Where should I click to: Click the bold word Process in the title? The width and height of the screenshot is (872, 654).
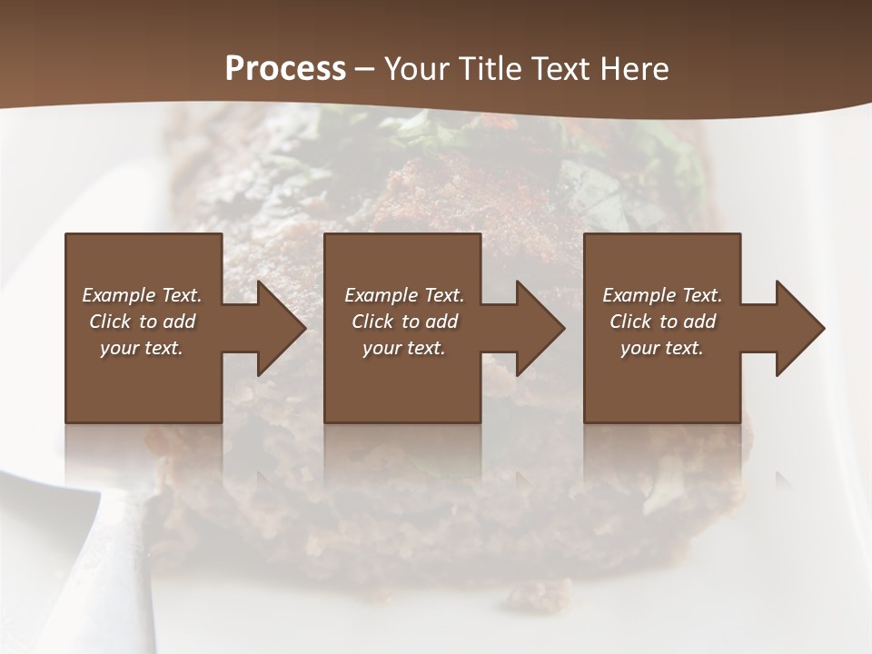click(x=285, y=69)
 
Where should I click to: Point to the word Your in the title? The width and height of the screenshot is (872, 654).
click(x=413, y=69)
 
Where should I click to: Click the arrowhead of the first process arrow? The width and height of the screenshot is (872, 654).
click(x=280, y=329)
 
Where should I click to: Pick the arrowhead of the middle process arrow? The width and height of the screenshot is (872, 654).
click(x=540, y=329)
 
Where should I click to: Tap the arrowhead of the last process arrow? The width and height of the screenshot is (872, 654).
click(x=799, y=329)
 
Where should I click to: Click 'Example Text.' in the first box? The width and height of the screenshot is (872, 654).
click(x=142, y=295)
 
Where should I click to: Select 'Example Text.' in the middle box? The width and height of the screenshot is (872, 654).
click(x=404, y=295)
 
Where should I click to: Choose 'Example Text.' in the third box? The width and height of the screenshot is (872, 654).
click(x=662, y=295)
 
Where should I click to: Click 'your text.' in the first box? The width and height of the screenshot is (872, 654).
click(x=142, y=348)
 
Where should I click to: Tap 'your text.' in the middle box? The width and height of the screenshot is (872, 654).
click(x=404, y=348)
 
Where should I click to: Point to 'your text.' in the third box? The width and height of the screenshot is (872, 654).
click(x=662, y=348)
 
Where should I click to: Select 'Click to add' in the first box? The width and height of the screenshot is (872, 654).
click(x=142, y=322)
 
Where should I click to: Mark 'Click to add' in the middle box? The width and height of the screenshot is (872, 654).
click(x=404, y=322)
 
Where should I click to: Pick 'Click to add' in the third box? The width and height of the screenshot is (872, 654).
click(x=662, y=322)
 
